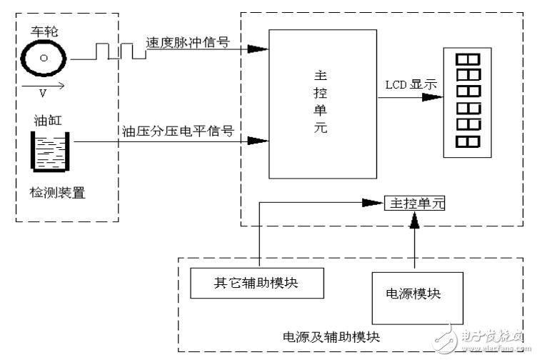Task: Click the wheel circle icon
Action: pyautogui.click(x=44, y=58)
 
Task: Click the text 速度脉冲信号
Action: pyautogui.click(x=187, y=41)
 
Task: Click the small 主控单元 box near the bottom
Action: pyautogui.click(x=414, y=204)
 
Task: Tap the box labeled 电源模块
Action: pyautogui.click(x=404, y=294)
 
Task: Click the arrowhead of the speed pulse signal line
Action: pyautogui.click(x=260, y=49)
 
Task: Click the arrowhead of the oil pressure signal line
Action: pyautogui.click(x=260, y=140)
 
